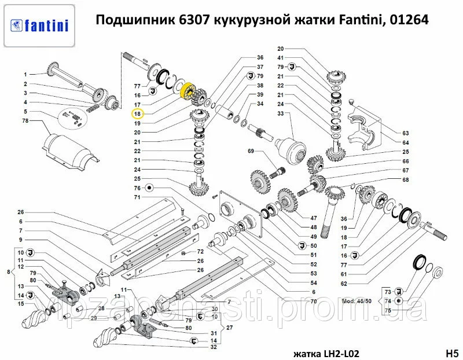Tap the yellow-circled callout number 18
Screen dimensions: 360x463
(x=138, y=114)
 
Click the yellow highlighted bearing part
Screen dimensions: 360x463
(x=188, y=91)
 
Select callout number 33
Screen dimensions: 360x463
(x=280, y=114)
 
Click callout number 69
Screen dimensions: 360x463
(x=251, y=151)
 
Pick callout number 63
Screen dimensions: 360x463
(x=406, y=134)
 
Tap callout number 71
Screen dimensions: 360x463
(x=138, y=197)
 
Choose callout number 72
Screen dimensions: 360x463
(x=200, y=252)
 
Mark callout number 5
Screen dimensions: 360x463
(x=26, y=111)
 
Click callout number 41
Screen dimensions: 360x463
(x=280, y=58)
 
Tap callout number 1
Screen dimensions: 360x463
(x=26, y=75)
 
